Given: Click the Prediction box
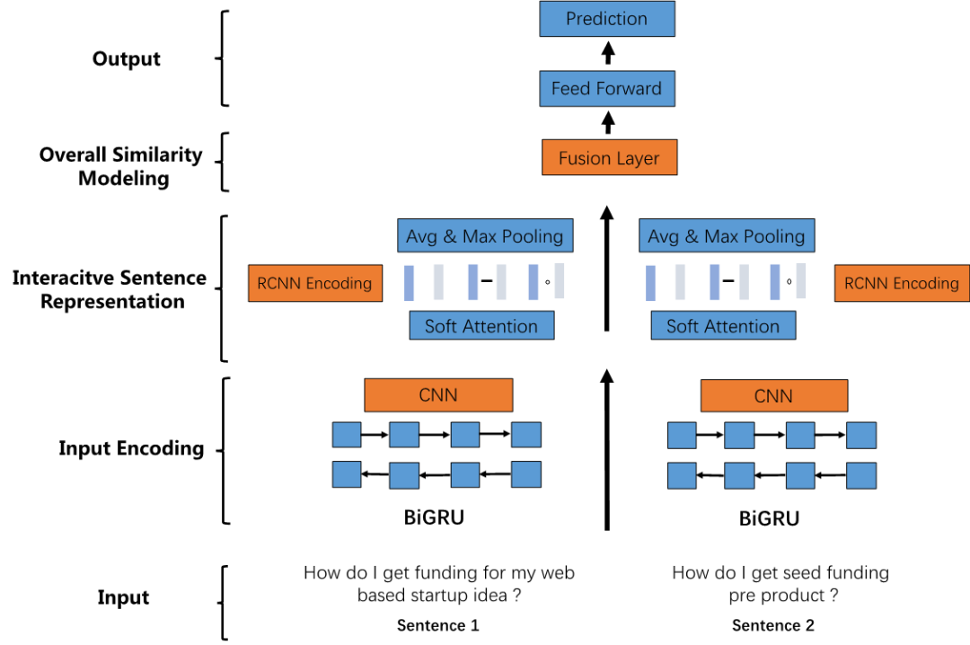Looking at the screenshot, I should pos(606,19).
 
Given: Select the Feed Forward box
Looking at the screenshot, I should pos(606,89).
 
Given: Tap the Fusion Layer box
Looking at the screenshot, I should pos(609,159).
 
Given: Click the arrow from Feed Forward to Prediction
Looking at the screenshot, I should pos(608,53).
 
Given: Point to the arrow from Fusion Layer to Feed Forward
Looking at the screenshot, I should pos(608,123).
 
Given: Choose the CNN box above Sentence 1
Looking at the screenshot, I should pos(438,395).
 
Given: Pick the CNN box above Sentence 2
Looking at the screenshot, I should pos(773,395).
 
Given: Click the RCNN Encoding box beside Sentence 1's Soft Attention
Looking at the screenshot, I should pos(314,284).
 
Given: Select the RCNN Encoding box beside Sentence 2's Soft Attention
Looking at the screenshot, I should pos(902,284).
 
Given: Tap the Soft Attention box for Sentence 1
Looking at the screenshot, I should pos(481,326).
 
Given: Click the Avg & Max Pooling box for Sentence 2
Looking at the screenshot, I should pos(727,237).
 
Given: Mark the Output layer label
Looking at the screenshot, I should pos(127,59).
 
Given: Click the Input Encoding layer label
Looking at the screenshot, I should pos(131,448).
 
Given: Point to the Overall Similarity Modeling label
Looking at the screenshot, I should pos(121,166).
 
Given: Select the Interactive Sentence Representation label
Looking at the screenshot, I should pos(110,289).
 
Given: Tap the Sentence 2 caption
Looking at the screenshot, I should pos(773,625).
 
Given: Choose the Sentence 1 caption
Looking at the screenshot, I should pos(438,625).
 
